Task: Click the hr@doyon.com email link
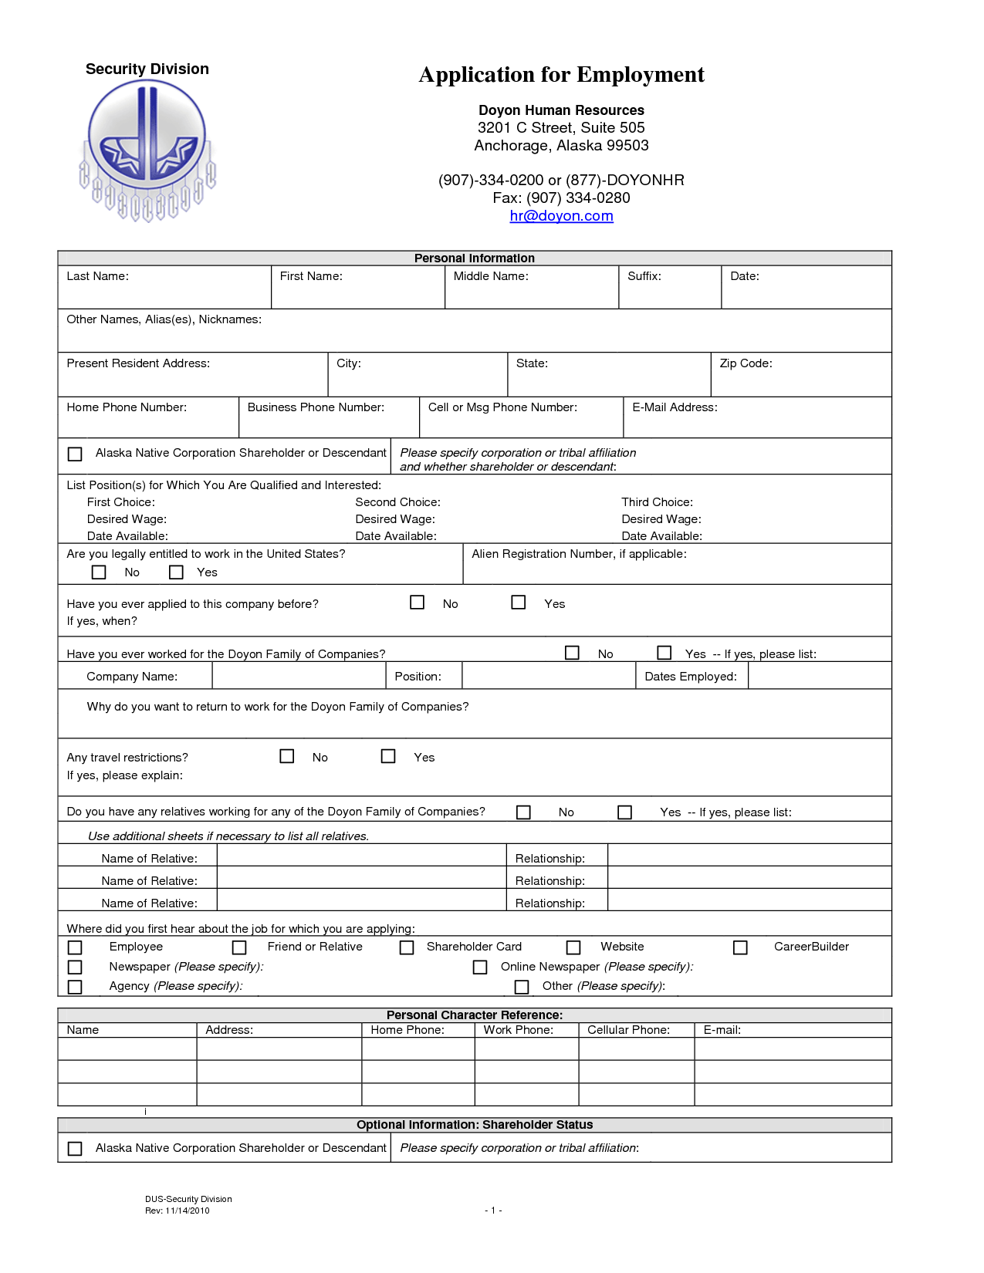(x=561, y=216)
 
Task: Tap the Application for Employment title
(x=561, y=75)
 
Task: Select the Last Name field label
(x=97, y=276)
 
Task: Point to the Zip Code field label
(x=746, y=363)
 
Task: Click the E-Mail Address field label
(x=675, y=407)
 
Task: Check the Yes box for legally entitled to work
(x=177, y=572)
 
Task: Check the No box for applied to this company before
(x=418, y=603)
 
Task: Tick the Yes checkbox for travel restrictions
(x=388, y=756)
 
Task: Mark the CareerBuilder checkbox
(x=740, y=947)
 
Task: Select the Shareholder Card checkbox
(x=407, y=947)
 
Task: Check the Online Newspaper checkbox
(x=480, y=967)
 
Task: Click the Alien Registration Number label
(x=579, y=554)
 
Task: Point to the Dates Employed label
(x=691, y=677)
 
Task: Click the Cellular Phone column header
(x=628, y=1030)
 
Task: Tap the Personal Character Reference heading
(x=474, y=1015)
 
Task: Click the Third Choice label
(x=657, y=502)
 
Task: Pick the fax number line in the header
(x=561, y=198)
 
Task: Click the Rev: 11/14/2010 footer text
(x=178, y=1211)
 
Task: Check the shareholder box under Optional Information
(x=75, y=1149)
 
